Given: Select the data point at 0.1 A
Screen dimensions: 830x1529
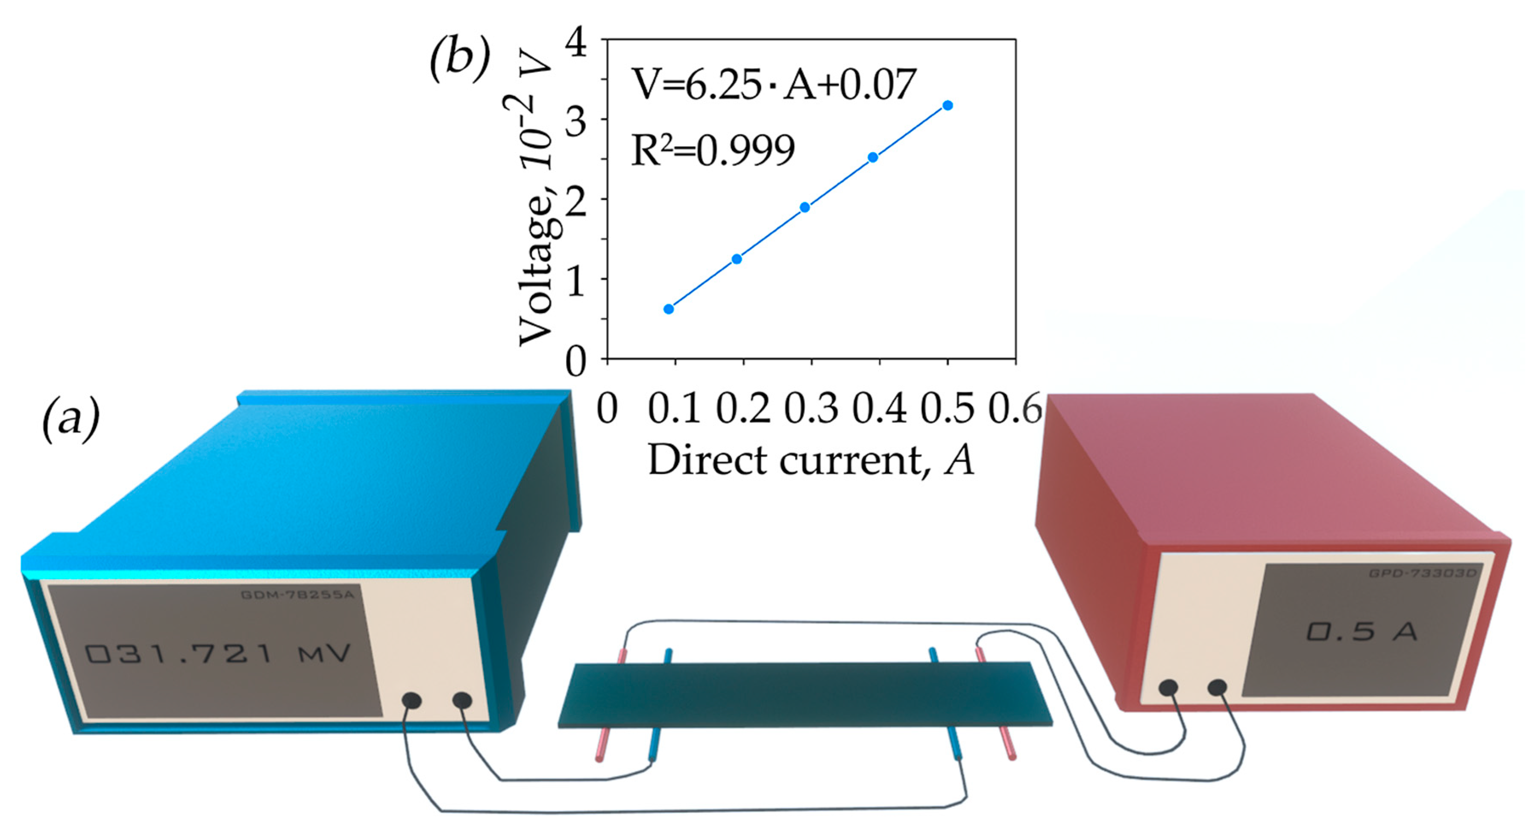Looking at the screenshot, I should (x=669, y=309).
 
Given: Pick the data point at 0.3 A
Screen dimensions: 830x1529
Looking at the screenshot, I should (x=805, y=207).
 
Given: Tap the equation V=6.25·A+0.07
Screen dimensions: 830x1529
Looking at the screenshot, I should (x=773, y=85).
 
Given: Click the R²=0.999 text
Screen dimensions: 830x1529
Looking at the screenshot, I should (x=712, y=150).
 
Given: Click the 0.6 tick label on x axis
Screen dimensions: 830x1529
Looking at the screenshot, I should (x=1014, y=409).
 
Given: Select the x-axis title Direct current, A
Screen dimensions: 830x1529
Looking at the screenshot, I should (x=810, y=460).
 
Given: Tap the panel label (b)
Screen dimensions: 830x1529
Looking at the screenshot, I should (x=459, y=59).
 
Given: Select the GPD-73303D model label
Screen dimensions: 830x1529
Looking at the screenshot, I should (x=1423, y=574).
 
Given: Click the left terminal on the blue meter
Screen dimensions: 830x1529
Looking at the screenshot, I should (x=411, y=700).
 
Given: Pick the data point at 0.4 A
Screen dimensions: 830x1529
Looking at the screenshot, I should (x=872, y=157).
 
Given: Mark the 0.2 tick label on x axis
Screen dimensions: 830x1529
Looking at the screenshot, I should (x=742, y=409).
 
